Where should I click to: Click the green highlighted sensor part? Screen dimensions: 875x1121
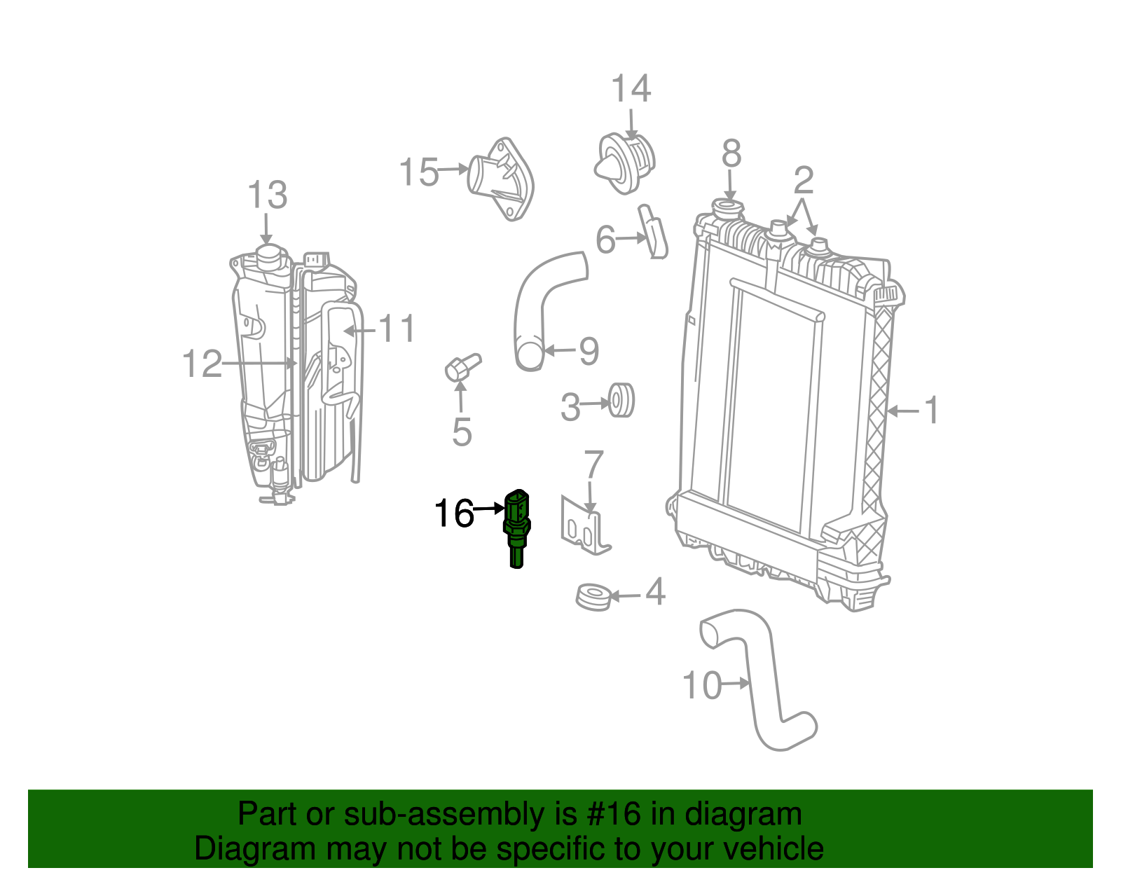click(517, 525)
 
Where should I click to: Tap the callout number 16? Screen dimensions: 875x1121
click(453, 514)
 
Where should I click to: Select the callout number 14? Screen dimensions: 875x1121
click(631, 90)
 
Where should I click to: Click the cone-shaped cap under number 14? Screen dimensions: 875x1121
click(626, 163)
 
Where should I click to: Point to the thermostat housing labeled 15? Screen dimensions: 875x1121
click(502, 178)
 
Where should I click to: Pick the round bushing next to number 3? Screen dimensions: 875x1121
click(621, 400)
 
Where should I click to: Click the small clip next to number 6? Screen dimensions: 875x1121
click(653, 232)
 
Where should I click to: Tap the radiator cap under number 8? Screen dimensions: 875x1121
click(727, 207)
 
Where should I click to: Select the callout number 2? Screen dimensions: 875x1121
click(803, 181)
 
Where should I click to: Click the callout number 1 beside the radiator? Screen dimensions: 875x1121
click(930, 410)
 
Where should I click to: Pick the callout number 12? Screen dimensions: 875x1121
click(202, 364)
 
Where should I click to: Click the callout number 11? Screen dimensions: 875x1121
click(397, 329)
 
